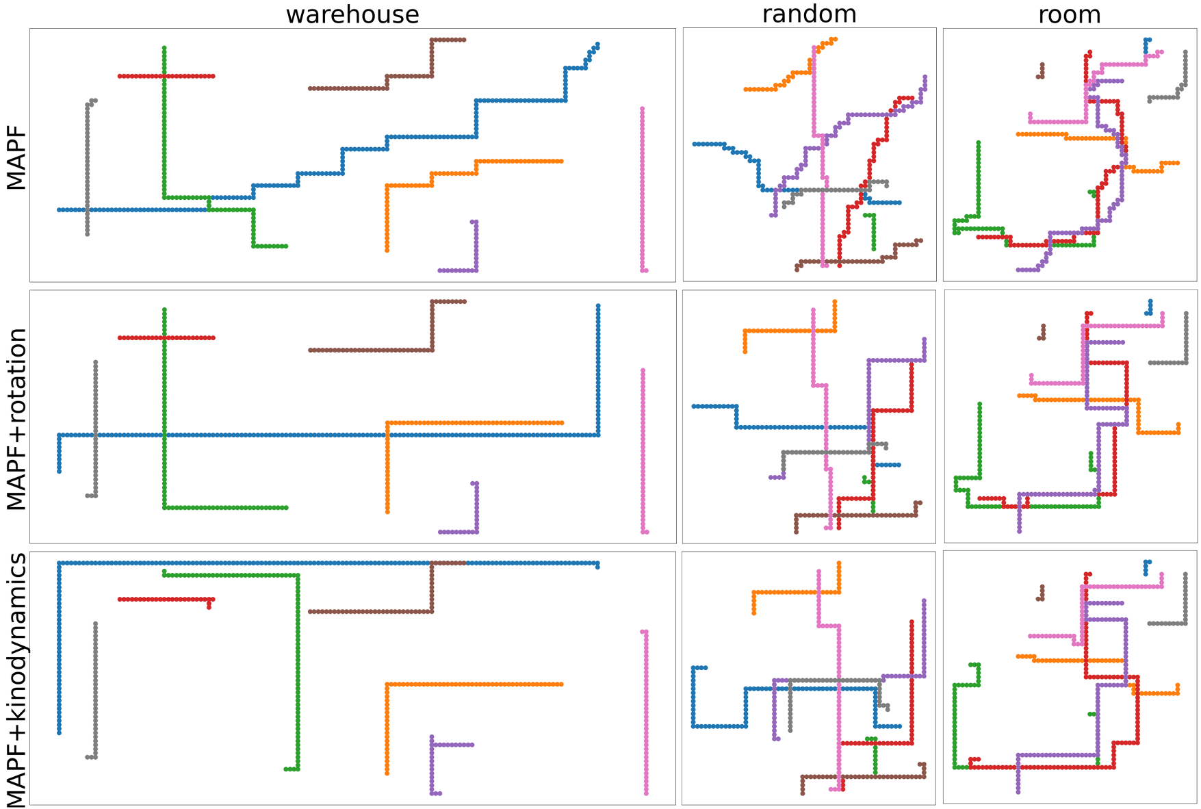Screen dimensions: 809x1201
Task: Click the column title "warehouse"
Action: tap(352, 14)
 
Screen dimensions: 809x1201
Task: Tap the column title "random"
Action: tap(809, 14)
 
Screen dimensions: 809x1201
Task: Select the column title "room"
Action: tap(1069, 14)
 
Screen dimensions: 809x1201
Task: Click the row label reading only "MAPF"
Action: tap(16, 158)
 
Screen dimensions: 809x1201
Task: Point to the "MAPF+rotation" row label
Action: tap(16, 419)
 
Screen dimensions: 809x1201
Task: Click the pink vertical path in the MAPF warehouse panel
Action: tap(642, 192)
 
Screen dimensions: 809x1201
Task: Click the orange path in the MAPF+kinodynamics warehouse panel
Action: tap(472, 684)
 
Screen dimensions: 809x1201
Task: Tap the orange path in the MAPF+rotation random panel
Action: tap(787, 331)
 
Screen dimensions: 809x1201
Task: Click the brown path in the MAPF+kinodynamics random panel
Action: tap(862, 777)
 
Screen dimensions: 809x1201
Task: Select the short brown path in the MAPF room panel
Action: tap(1042, 70)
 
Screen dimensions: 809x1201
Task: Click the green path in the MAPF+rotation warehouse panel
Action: tap(164, 411)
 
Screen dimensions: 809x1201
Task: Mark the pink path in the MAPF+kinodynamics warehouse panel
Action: tap(646, 712)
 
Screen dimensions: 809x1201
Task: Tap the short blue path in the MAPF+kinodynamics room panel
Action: tap(1146, 567)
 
